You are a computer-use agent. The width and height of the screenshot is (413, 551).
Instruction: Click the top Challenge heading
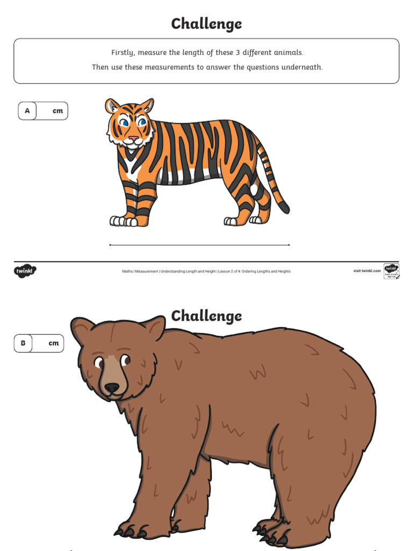tap(206, 24)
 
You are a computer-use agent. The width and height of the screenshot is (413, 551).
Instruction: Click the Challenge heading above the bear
tap(206, 316)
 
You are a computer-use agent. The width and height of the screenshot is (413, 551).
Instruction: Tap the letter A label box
tap(27, 111)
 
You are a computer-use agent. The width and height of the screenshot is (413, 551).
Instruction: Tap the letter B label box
tap(23, 343)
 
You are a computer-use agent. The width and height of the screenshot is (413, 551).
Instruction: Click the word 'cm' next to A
tap(58, 111)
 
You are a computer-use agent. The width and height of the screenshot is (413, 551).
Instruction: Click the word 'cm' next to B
tap(53, 343)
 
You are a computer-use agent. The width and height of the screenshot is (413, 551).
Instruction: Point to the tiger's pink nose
tap(133, 139)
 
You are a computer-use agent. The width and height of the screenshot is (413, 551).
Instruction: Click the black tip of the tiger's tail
tap(284, 208)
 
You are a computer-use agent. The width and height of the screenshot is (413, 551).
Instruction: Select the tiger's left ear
tap(112, 105)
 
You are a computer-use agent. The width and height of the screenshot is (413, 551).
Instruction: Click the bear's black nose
tap(111, 387)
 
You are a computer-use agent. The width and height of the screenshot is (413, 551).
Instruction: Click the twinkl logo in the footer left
tap(25, 271)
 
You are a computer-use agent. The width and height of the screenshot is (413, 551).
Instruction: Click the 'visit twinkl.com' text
tap(367, 271)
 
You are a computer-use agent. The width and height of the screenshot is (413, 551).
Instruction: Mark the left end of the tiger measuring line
tap(110, 245)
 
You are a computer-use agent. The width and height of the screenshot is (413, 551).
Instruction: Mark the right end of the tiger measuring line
tap(289, 245)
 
